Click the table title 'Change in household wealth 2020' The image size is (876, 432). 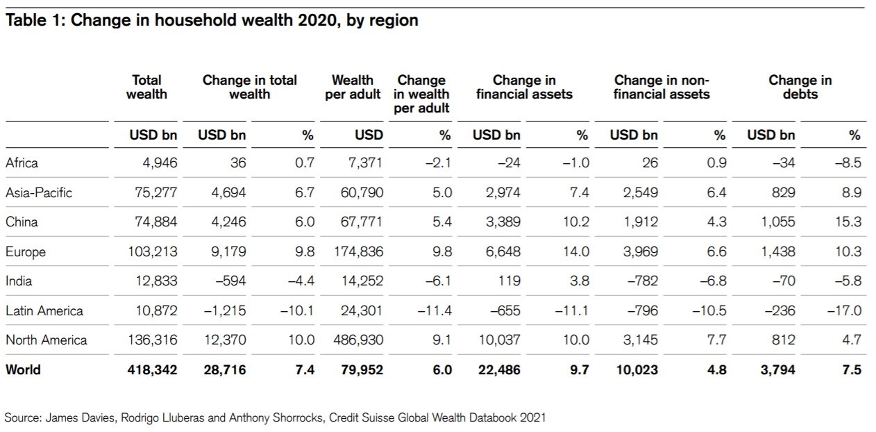click(212, 20)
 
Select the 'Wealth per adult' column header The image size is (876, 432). click(353, 87)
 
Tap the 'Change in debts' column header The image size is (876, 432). click(800, 87)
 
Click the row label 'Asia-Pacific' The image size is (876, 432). click(39, 192)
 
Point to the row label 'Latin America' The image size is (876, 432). click(44, 310)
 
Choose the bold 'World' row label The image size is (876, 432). click(23, 369)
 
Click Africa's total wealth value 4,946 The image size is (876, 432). click(160, 163)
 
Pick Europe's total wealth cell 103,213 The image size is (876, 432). click(152, 251)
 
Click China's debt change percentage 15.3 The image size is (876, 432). click(850, 222)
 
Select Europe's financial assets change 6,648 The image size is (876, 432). click(501, 251)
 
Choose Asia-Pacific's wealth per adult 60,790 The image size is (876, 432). click(361, 192)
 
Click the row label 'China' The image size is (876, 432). click(22, 222)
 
